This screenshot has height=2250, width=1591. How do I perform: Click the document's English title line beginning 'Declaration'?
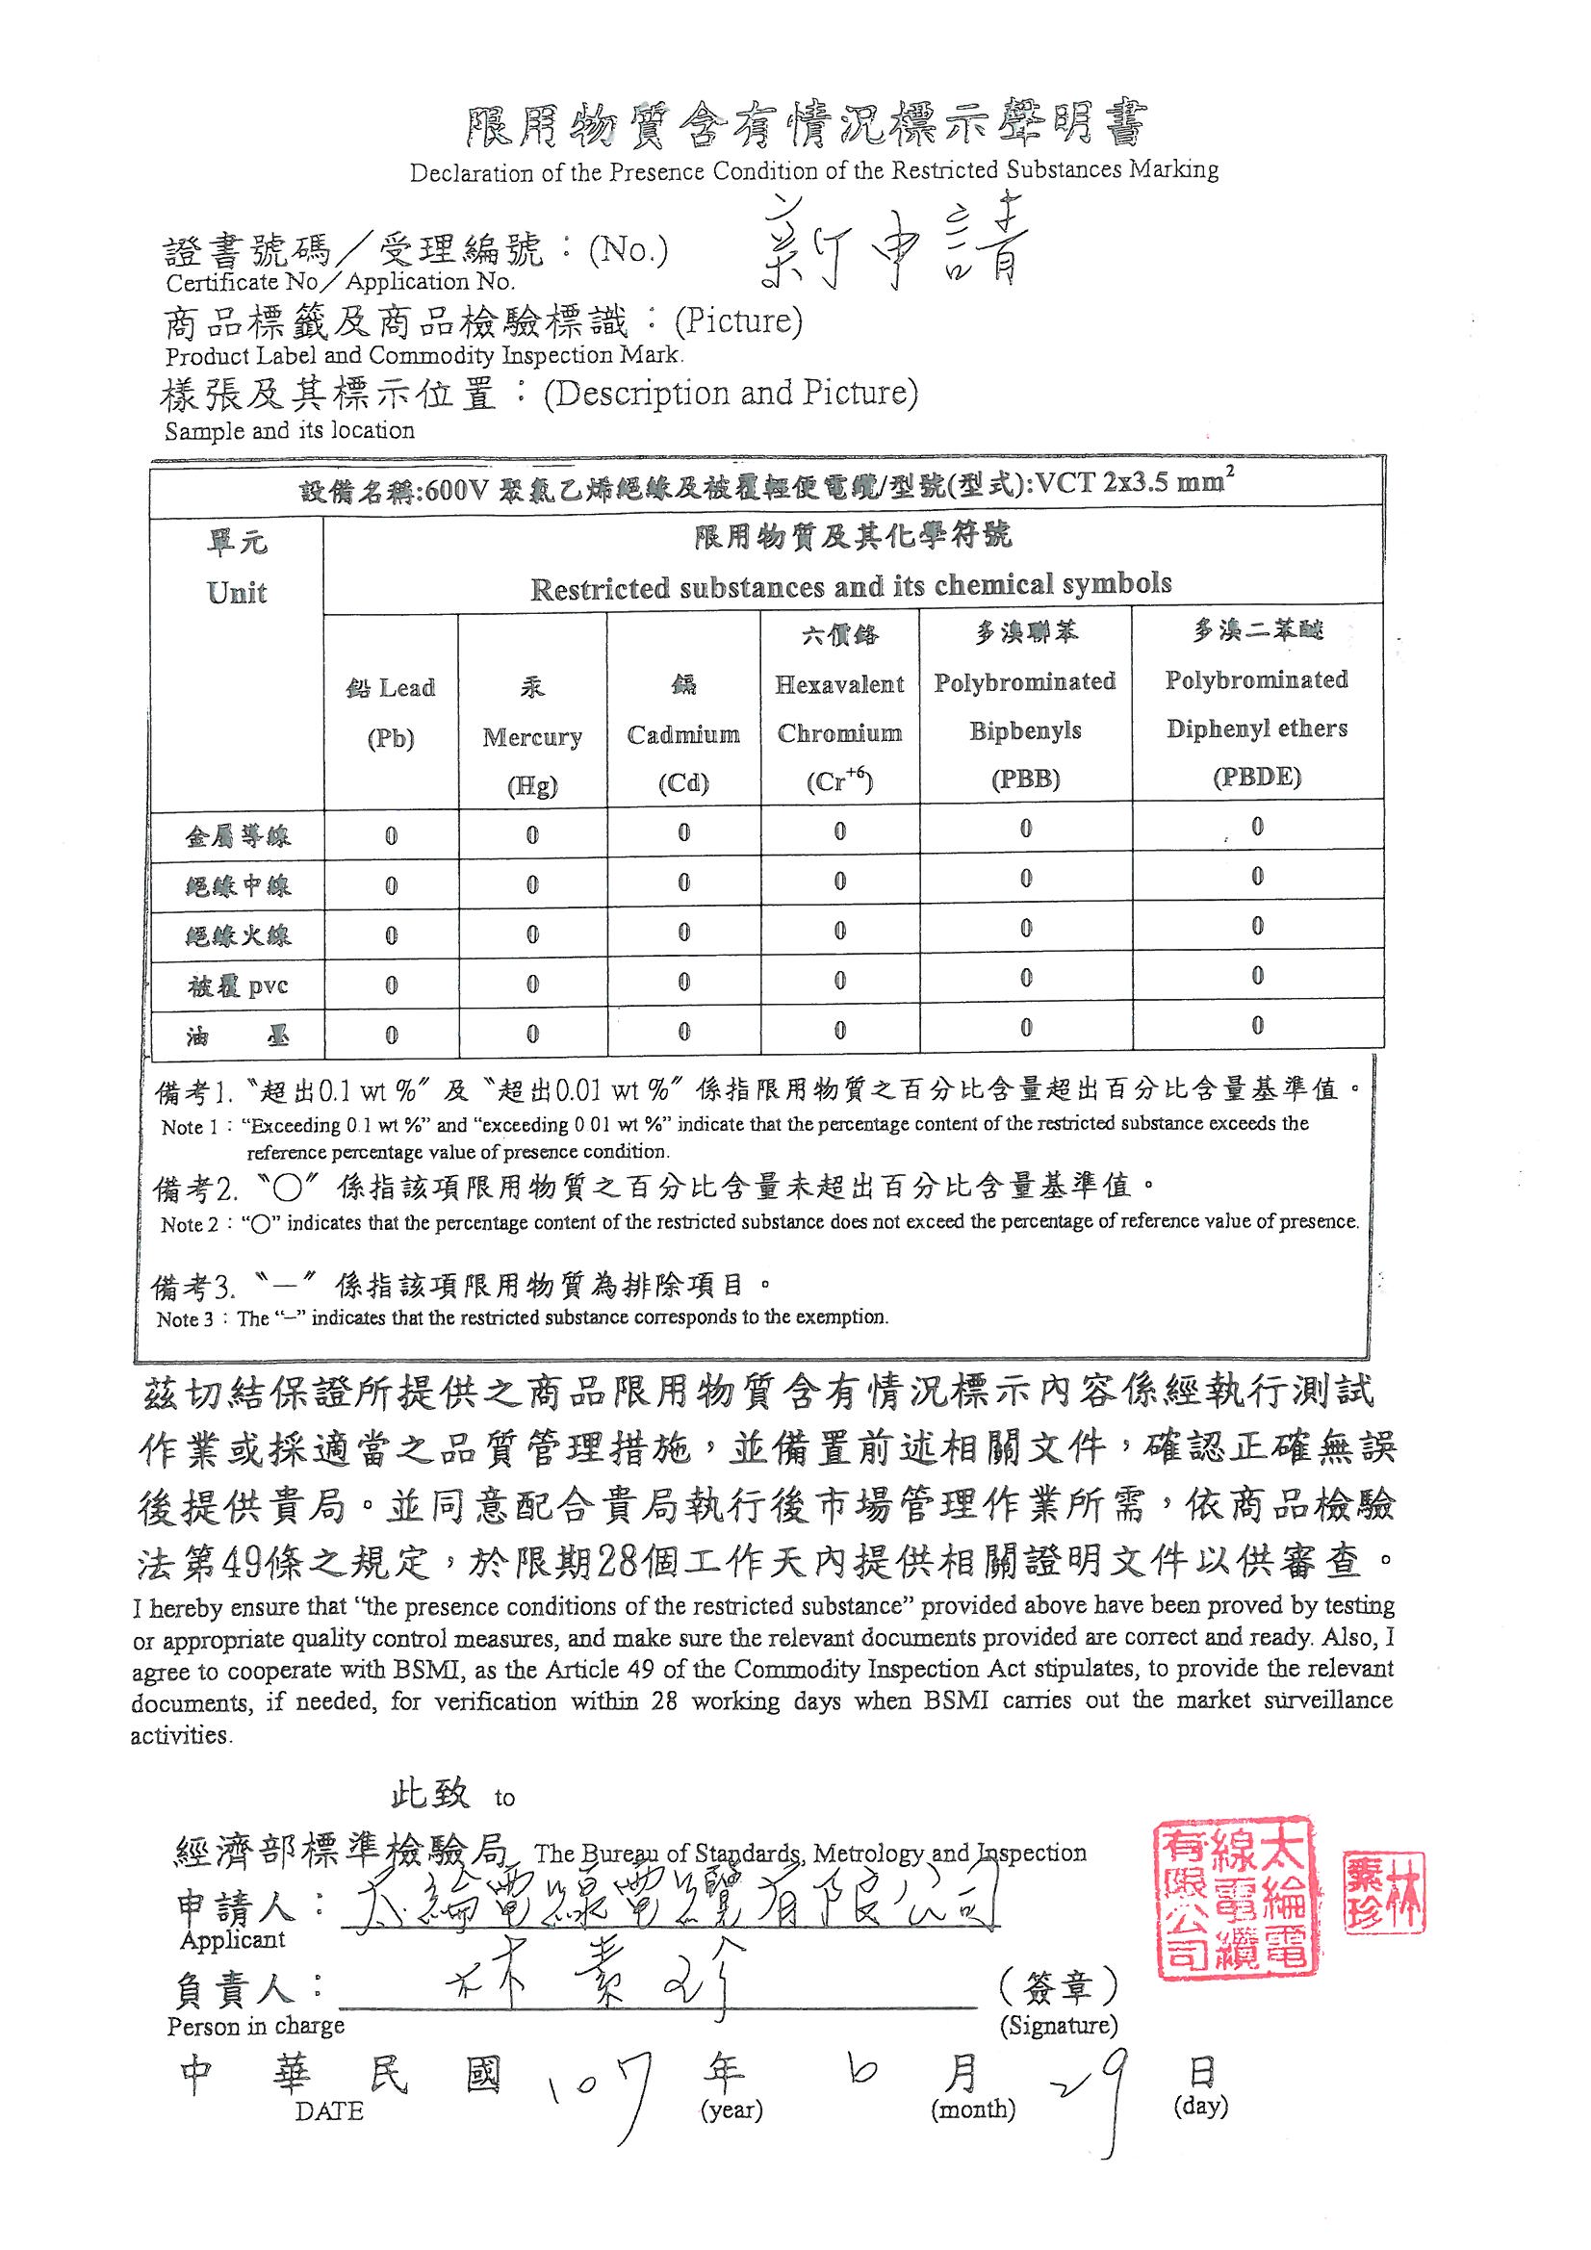(x=813, y=171)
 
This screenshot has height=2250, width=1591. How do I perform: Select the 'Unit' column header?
(x=236, y=593)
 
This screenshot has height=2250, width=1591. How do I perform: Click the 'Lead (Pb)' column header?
(x=390, y=712)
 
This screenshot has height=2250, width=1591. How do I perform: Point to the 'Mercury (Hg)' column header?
(x=531, y=737)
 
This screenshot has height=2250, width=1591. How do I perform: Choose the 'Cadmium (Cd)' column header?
(x=683, y=735)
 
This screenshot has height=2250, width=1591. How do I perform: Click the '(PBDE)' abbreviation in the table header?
(x=1257, y=779)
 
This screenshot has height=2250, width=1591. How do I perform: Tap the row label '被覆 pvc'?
(x=237, y=985)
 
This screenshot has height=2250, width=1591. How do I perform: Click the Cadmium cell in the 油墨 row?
(x=683, y=1032)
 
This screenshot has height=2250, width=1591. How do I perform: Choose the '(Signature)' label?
(x=1058, y=2026)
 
